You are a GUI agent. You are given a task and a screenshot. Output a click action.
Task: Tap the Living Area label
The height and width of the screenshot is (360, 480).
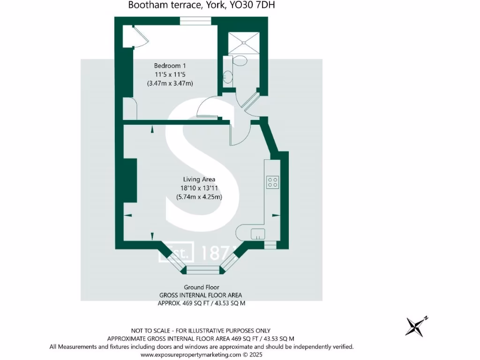tap(199, 179)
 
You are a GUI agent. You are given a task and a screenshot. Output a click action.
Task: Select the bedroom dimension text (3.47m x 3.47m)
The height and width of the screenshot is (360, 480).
tap(170, 83)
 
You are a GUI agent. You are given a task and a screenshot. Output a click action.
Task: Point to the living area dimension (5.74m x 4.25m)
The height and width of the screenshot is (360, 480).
tap(199, 197)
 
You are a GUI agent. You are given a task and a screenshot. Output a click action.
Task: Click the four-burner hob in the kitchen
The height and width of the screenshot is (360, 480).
tap(272, 182)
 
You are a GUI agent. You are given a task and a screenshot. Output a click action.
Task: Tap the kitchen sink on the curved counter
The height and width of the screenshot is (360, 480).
tap(258, 232)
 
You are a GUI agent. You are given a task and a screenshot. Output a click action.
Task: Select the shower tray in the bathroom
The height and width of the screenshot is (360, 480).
tap(244, 43)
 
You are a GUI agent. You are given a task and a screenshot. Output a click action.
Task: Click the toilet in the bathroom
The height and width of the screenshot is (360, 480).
tap(240, 61)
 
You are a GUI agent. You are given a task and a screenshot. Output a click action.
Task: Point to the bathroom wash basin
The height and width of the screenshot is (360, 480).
tap(227, 75)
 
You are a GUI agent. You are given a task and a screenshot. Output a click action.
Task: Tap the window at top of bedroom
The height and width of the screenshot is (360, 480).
tap(195, 20)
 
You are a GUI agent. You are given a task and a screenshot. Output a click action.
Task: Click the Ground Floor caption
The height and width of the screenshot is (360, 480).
tap(202, 287)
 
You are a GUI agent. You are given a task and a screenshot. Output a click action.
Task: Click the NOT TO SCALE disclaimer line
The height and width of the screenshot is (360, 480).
tap(201, 331)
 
